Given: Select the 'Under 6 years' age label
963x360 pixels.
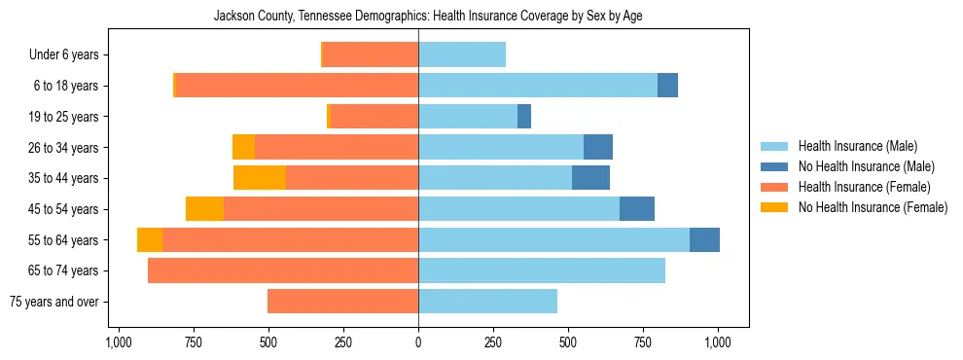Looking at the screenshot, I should pyautogui.click(x=64, y=55).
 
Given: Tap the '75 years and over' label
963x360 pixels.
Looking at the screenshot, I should pyautogui.click(x=54, y=302).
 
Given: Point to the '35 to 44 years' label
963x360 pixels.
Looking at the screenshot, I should pyautogui.click(x=64, y=178).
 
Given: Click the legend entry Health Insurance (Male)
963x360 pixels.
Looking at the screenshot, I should pyautogui.click(x=856, y=146).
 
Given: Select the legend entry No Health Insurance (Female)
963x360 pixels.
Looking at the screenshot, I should pyautogui.click(x=873, y=207).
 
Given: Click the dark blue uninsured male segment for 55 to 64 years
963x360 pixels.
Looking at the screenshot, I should pyautogui.click(x=704, y=240).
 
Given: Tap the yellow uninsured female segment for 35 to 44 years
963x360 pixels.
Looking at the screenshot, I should pyautogui.click(x=260, y=178).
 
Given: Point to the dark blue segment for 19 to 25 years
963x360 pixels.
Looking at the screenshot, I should pyautogui.click(x=524, y=117).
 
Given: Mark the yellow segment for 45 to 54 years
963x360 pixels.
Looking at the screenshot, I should pyautogui.click(x=204, y=209).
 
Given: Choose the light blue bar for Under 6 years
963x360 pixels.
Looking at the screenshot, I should pyautogui.click(x=462, y=55).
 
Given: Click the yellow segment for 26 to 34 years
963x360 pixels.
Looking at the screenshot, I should pyautogui.click(x=243, y=148).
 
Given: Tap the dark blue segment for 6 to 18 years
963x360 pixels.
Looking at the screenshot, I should pyautogui.click(x=667, y=86).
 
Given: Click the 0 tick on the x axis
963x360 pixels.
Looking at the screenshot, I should pyautogui.click(x=418, y=342).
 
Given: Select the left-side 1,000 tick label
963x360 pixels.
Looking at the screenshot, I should pyautogui.click(x=118, y=342).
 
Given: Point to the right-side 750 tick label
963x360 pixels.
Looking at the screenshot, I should pyautogui.click(x=644, y=342).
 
